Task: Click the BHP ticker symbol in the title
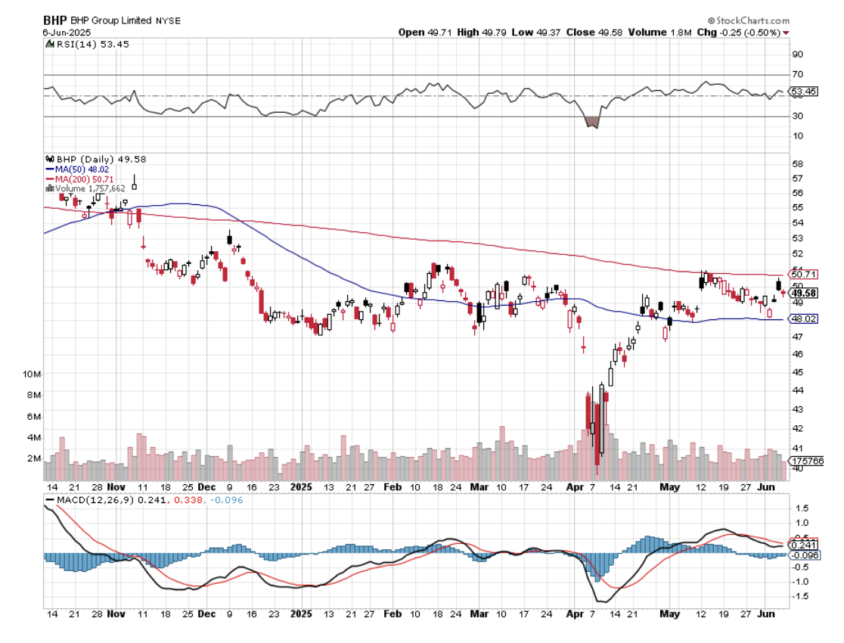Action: click(54, 21)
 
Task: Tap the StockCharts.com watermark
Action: click(749, 21)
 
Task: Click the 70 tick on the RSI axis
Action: click(796, 75)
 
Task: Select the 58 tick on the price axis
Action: click(796, 163)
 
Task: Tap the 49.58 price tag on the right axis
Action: click(802, 293)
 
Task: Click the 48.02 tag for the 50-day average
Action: click(802, 319)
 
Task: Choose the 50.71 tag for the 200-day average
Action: click(802, 274)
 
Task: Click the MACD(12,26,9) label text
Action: click(88, 500)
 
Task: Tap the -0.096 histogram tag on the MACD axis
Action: click(803, 555)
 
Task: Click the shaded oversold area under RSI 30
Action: click(592, 122)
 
